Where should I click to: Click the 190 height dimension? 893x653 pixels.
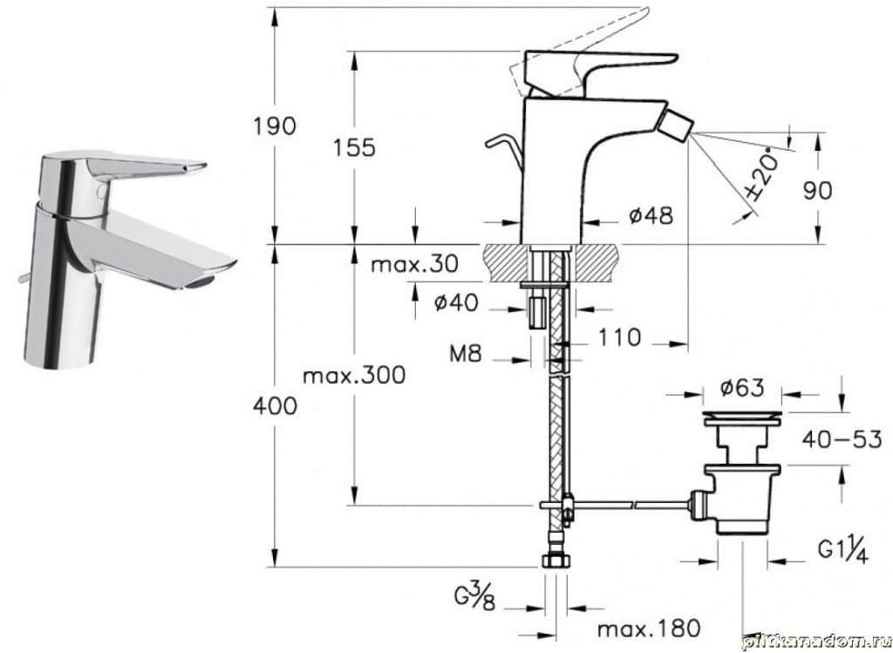275,126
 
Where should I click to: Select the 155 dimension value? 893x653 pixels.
354,147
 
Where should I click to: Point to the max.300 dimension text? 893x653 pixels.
354,376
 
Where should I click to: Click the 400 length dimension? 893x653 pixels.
274,405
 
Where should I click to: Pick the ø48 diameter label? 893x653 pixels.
651,214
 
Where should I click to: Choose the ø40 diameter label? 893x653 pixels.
458,303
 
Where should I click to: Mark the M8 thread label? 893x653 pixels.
469,355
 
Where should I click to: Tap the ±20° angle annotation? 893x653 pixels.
758,178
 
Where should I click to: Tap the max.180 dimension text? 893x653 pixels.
647,627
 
